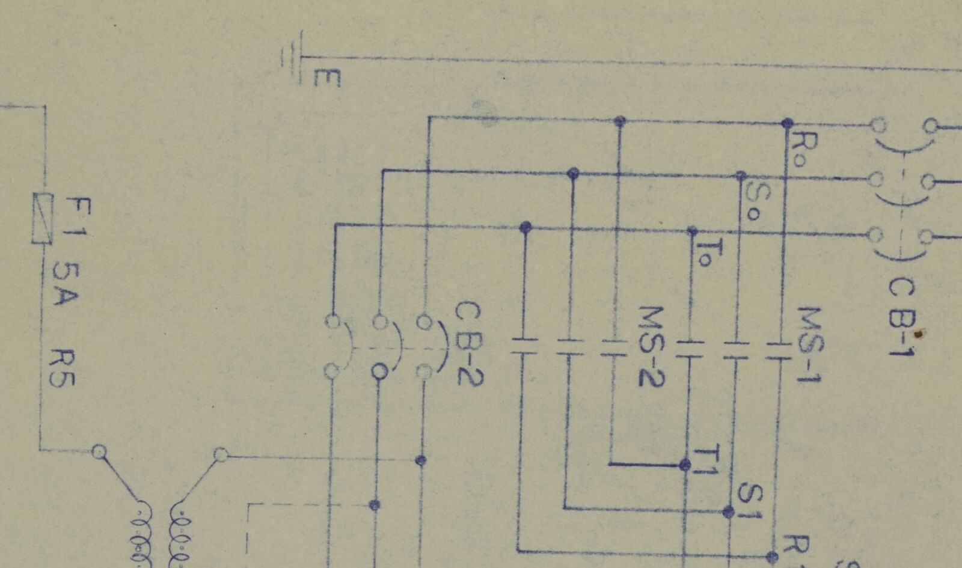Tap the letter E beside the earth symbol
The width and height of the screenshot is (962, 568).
[327, 78]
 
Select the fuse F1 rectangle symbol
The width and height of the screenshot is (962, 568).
[43, 219]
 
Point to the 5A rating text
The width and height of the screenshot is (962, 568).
[66, 284]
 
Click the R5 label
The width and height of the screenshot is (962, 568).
[62, 368]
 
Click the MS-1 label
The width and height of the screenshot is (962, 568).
[810, 344]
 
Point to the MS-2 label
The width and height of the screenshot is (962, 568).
[652, 346]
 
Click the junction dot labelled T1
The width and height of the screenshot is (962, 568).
[685, 465]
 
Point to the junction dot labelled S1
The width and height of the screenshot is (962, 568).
[728, 512]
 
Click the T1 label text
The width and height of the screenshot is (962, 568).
[706, 460]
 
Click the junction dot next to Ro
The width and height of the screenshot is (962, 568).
[787, 124]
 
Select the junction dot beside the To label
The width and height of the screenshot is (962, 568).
[692, 231]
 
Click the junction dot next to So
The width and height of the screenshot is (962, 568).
[741, 176]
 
